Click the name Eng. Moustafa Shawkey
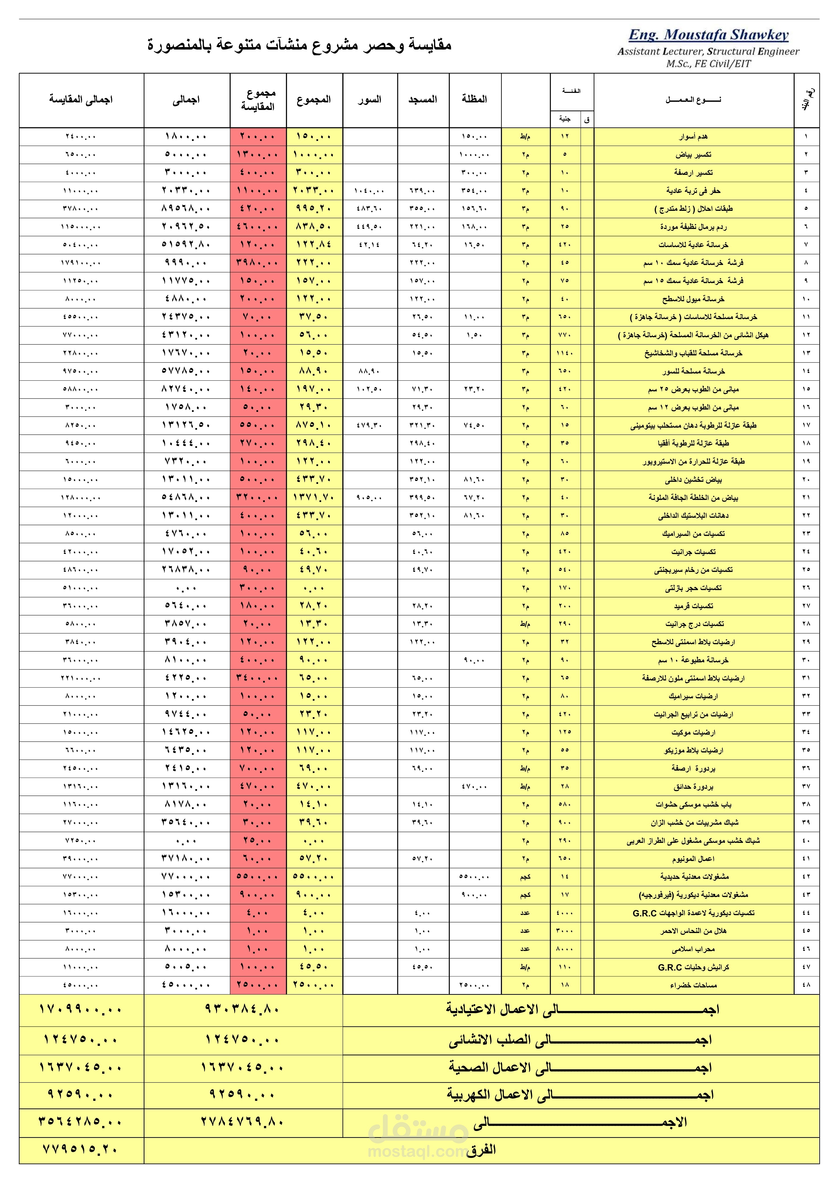point(708,35)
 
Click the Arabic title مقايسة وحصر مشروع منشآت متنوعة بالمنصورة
point(299,45)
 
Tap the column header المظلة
point(474,99)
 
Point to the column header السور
point(370,99)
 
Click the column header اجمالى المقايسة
point(81,99)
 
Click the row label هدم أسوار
point(693,137)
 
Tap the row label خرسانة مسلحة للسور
point(693,371)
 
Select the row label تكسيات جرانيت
point(693,552)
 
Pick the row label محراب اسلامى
point(693,949)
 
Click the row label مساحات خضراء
point(693,985)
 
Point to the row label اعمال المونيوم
point(693,859)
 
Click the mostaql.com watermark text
point(418,1151)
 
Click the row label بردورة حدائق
point(693,786)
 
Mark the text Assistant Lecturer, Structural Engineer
point(708,52)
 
